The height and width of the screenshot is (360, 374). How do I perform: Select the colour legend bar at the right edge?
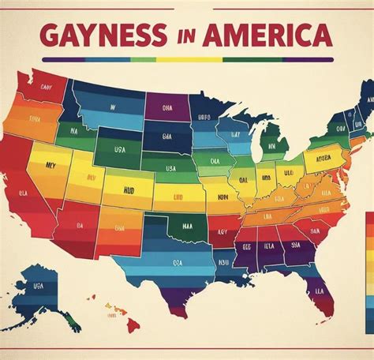[369, 253]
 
